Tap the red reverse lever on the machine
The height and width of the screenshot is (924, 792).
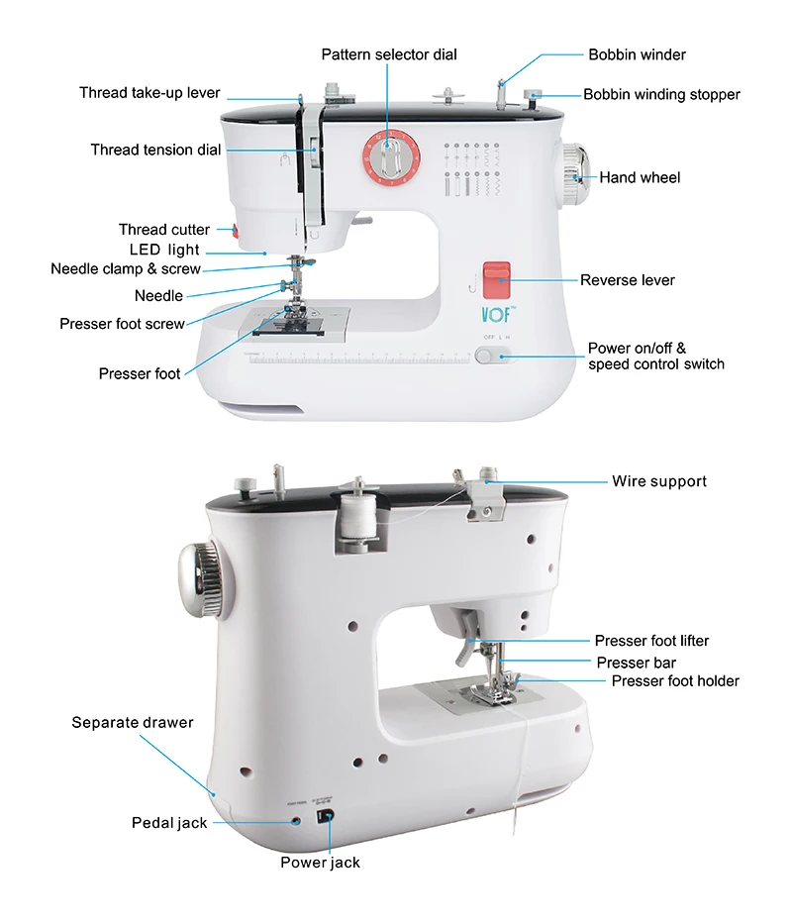pos(496,279)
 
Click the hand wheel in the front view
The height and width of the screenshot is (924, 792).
pos(575,175)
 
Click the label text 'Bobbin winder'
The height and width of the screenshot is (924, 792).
pos(637,54)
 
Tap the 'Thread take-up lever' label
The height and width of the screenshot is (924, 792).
pos(149,93)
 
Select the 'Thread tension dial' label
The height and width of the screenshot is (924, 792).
pos(155,150)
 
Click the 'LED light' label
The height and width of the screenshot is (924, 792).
pos(164,250)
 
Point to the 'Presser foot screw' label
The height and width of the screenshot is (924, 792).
pos(122,324)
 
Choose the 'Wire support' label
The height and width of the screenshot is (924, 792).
pos(659,481)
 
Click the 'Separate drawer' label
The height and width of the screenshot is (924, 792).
pos(132,722)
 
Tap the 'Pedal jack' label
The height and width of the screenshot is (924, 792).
pos(169,823)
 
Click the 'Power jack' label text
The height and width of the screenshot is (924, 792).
pos(320,863)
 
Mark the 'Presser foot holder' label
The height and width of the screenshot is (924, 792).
pos(675,680)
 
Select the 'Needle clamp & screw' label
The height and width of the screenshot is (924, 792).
pos(126,268)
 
